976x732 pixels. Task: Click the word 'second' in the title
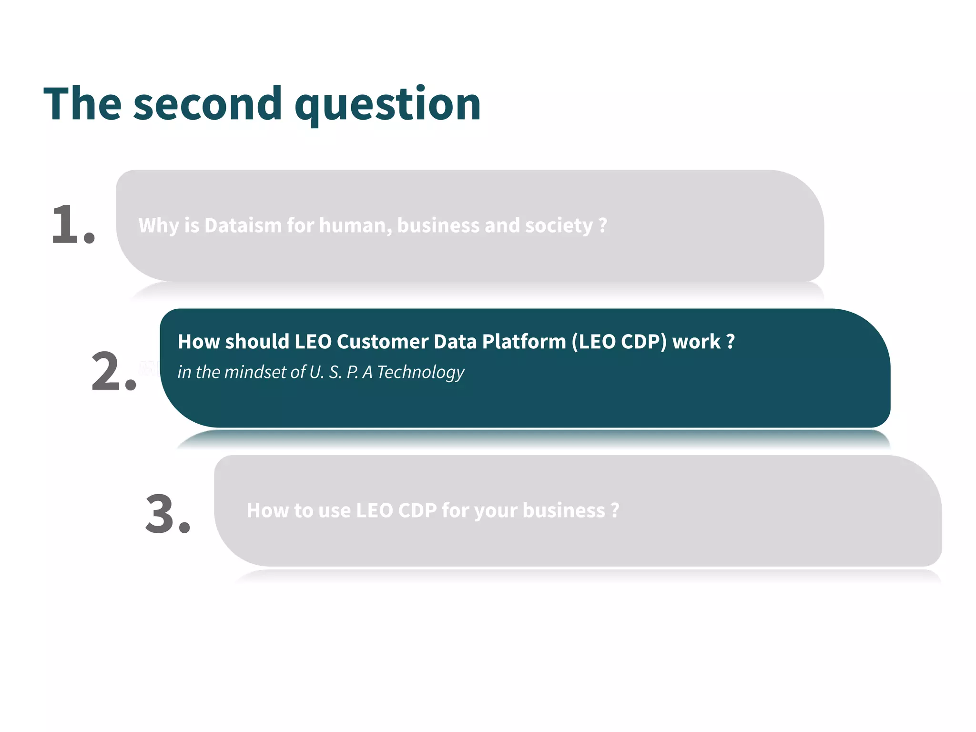click(x=208, y=104)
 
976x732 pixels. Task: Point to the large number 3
click(x=161, y=514)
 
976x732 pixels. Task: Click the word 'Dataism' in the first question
click(x=243, y=225)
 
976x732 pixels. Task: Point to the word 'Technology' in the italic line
click(x=420, y=372)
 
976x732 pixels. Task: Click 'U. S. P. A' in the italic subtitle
click(x=340, y=372)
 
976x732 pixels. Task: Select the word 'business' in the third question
click(x=564, y=510)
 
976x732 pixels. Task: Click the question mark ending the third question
click(x=615, y=510)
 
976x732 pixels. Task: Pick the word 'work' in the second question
click(x=696, y=342)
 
